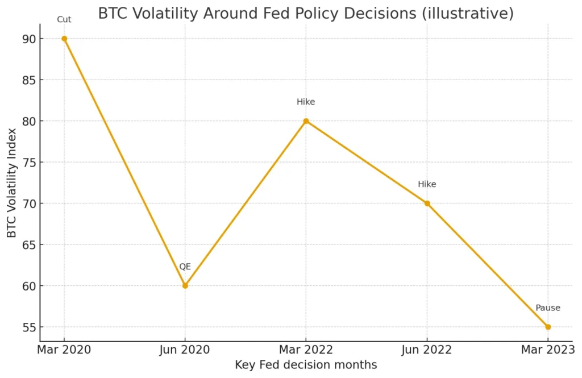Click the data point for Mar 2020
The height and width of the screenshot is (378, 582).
point(64,39)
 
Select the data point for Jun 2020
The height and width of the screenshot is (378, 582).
point(185,285)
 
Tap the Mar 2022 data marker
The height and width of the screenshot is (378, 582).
point(306,121)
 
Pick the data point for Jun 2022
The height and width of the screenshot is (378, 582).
point(427,203)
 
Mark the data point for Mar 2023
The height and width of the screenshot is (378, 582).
point(548,327)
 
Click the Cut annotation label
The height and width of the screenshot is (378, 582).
point(64,20)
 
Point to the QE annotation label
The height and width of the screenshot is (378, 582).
point(185,267)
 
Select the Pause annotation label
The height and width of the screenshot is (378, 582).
point(548,308)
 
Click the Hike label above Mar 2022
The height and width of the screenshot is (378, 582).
point(306,102)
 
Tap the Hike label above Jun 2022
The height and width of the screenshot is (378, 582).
point(427,185)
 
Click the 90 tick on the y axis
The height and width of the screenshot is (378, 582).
point(28,39)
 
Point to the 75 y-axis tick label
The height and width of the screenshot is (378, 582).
point(28,163)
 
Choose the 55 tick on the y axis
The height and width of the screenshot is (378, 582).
point(28,327)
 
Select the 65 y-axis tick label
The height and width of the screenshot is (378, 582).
point(28,245)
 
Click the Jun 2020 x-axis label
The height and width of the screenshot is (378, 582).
point(185,350)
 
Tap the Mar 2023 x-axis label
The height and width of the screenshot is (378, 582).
point(548,350)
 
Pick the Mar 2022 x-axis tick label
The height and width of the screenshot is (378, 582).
point(306,350)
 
